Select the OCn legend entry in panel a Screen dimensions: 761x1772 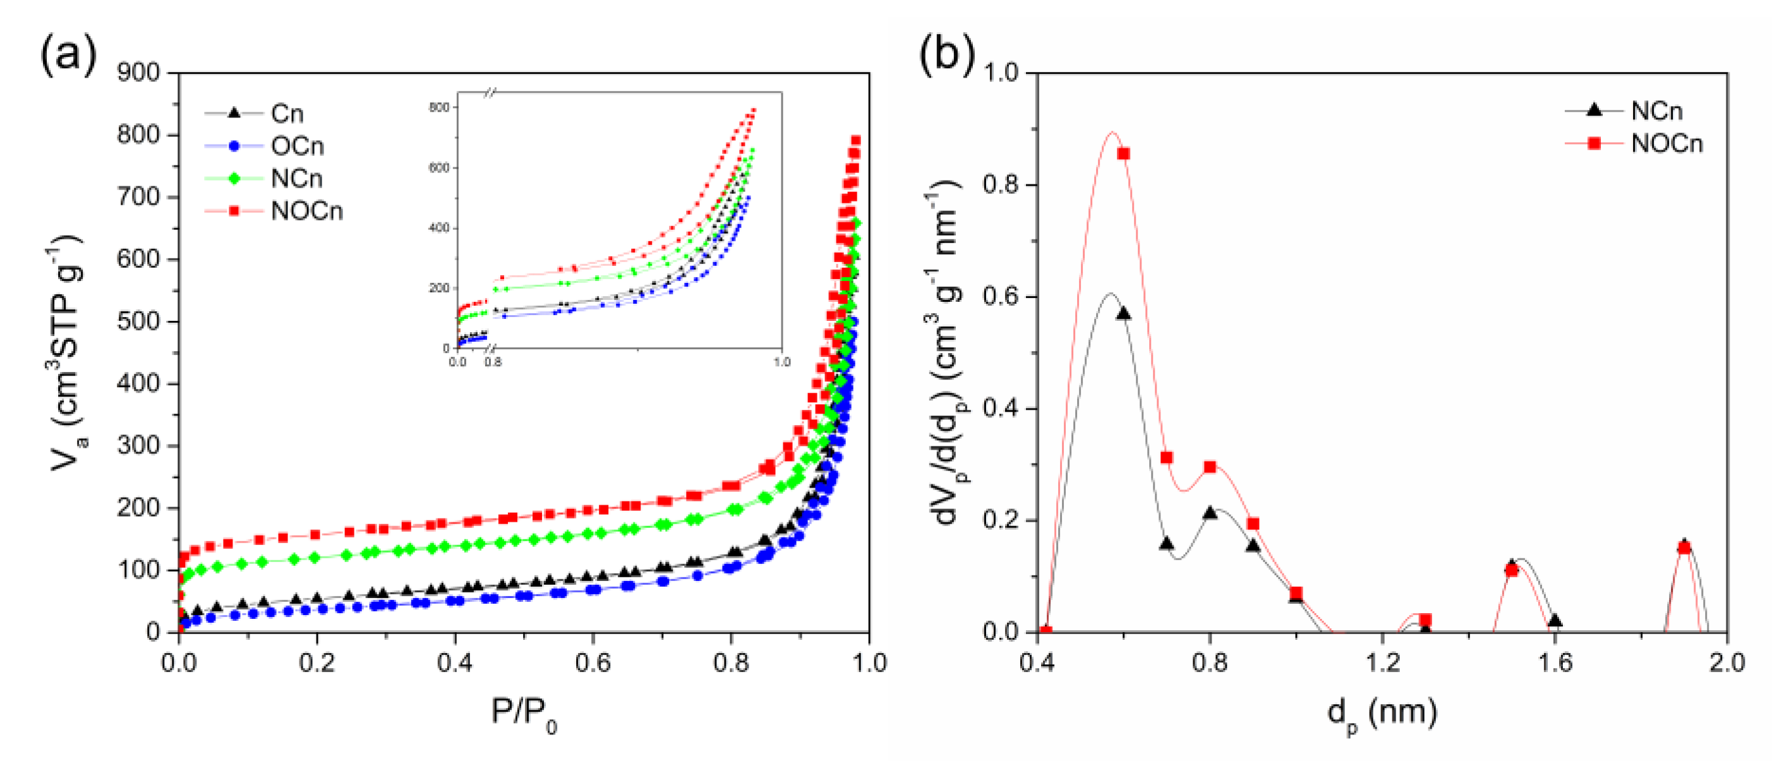296,146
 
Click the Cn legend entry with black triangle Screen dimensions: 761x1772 287,114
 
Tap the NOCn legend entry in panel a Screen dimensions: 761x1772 306,211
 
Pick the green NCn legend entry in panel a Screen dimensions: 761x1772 296,179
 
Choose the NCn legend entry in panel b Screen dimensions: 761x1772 1656,111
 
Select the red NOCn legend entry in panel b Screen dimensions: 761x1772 1666,144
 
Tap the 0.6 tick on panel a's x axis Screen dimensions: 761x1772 593,662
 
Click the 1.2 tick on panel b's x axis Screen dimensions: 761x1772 1383,662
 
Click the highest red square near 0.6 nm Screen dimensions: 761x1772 1123,154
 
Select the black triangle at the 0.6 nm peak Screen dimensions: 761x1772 1123,314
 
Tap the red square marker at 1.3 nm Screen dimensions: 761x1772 1425,620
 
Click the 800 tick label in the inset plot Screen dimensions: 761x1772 439,108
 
